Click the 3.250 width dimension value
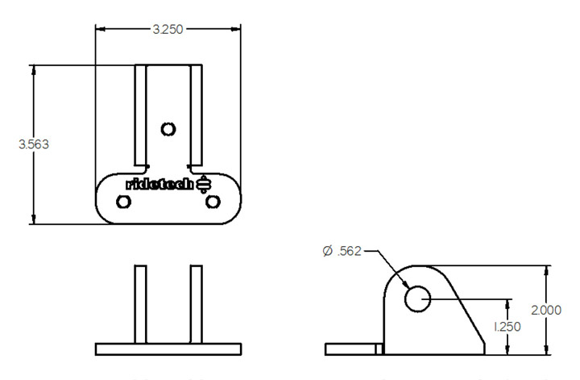(168, 29)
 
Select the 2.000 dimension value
(551, 310)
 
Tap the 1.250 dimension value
(508, 327)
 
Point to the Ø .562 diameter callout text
(344, 252)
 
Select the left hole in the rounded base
(123, 202)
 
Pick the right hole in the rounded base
(213, 202)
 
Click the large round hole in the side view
(418, 298)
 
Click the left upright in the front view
(140, 303)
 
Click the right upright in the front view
(195, 303)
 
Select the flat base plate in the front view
(168, 349)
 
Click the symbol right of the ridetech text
(204, 184)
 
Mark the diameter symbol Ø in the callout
(327, 252)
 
